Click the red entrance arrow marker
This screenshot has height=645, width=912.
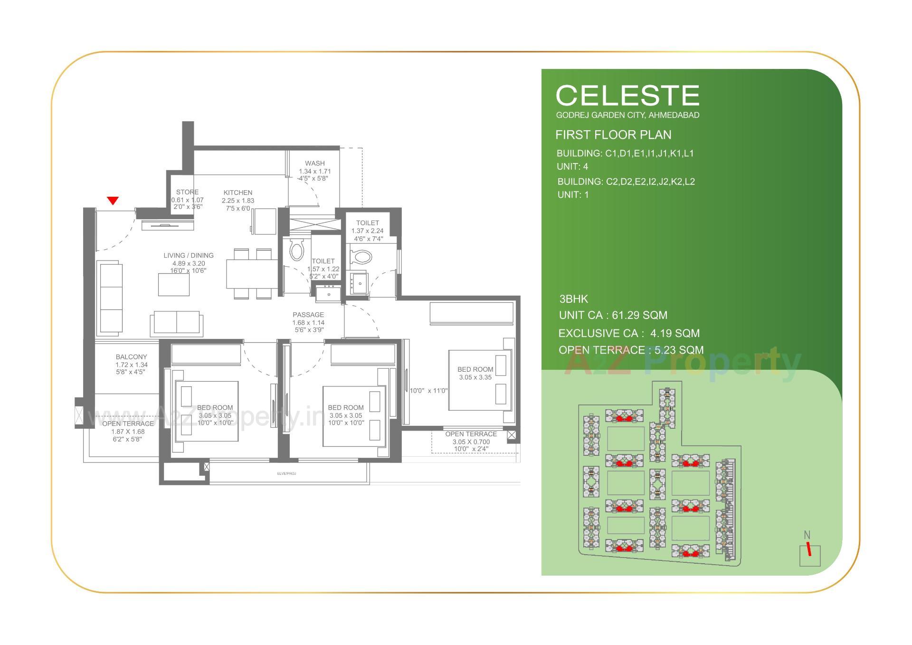point(113,201)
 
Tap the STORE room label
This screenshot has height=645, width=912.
point(187,192)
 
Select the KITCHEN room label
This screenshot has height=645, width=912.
point(238,193)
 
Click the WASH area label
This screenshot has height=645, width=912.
point(315,163)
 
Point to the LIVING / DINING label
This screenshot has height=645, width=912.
point(189,255)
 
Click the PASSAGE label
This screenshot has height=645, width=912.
point(308,315)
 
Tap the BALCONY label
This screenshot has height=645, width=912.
point(131,356)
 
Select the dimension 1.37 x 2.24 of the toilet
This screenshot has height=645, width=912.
point(367,231)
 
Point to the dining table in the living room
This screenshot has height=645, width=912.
point(252,274)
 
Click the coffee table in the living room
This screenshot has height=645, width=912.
point(174,285)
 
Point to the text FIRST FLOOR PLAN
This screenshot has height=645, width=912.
point(613,135)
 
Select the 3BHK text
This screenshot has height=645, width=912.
point(573,299)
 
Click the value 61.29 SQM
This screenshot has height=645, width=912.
point(639,315)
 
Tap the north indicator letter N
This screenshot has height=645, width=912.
point(807,535)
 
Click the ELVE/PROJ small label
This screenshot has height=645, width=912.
point(286,473)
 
